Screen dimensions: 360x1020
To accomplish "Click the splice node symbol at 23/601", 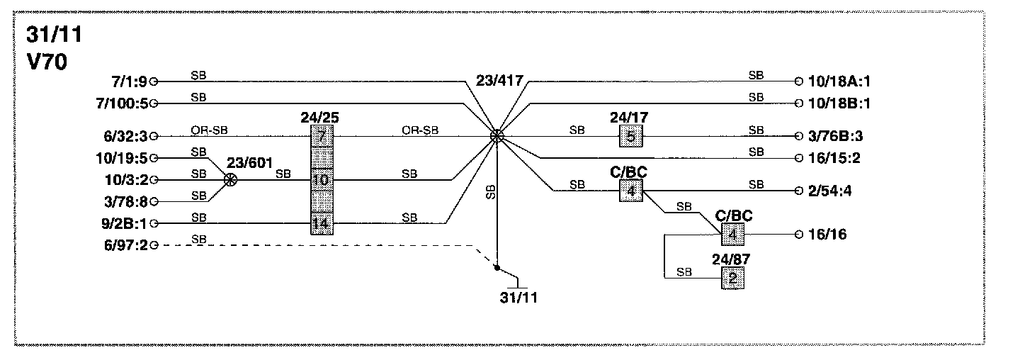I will pos(229,180).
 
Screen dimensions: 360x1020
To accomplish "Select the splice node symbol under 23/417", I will pos(498,136).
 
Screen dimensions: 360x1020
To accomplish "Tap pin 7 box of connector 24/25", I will pos(322,136).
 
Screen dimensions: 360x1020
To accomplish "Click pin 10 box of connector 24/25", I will pos(322,180).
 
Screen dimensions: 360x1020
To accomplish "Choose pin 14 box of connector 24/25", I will pos(322,224).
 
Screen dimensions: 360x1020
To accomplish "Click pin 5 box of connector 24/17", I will pos(630,136).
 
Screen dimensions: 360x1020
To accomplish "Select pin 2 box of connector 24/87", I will pos(733,278).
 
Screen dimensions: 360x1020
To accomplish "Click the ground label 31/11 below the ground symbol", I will pos(518,297).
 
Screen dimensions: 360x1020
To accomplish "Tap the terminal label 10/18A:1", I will pos(839,81).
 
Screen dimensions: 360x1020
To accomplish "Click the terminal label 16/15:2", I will pos(834,158).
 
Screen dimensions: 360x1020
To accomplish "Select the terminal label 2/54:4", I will pos(830,191).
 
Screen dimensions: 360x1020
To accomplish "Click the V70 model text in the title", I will pos(47,62).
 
